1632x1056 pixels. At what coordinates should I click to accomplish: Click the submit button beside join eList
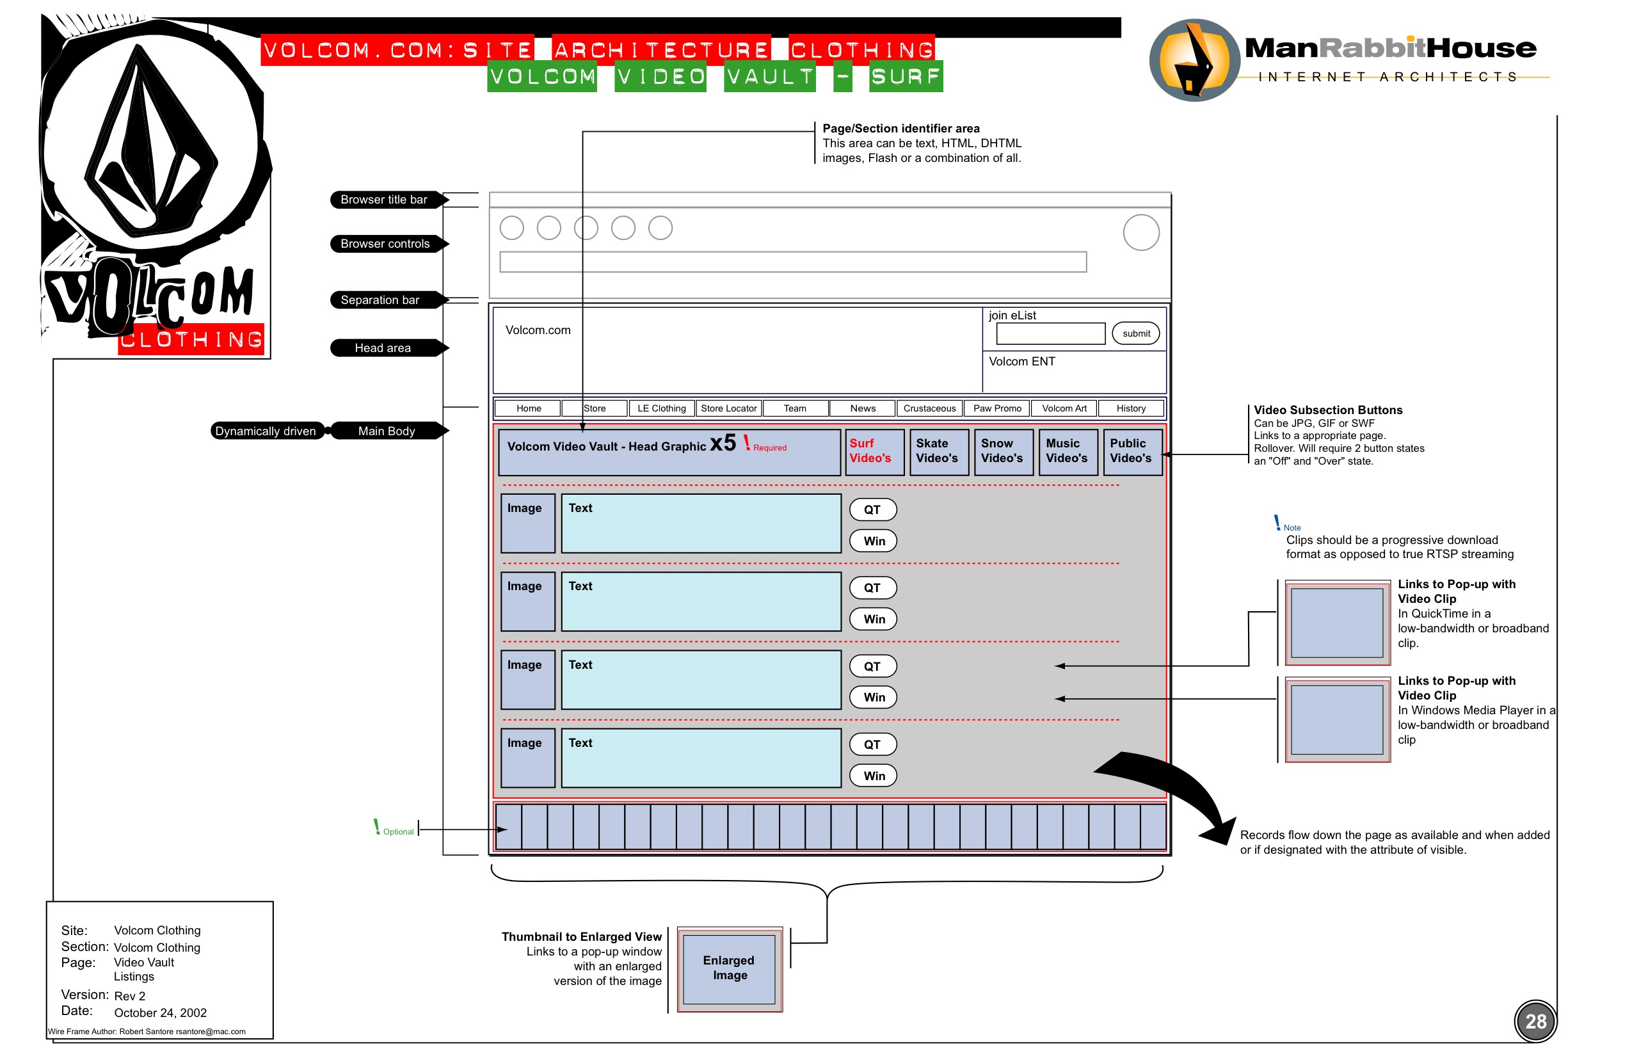1135,334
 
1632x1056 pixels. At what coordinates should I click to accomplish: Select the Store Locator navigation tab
728,409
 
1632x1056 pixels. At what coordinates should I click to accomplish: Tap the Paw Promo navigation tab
997,409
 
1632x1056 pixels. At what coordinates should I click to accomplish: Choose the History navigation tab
1131,409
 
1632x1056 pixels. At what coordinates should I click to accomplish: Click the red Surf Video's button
874,451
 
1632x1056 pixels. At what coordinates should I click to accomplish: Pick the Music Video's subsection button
1068,451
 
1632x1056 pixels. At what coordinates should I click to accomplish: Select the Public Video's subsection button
1132,451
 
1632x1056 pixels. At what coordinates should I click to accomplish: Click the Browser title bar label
384,200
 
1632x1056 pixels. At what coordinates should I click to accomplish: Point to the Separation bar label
381,300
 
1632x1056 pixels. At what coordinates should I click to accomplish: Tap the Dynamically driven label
266,431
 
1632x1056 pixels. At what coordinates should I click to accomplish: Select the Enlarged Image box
729,968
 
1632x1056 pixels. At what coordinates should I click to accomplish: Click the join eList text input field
1050,334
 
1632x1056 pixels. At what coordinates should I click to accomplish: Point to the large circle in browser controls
1141,232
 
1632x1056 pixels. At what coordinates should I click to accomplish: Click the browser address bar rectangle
793,262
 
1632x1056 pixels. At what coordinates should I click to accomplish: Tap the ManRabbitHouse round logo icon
1194,60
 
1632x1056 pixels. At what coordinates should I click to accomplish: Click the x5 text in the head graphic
723,444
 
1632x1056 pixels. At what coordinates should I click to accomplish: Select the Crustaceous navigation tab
929,409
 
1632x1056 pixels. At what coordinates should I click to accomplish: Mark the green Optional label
396,831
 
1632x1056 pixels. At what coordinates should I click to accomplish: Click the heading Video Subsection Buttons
1327,410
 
